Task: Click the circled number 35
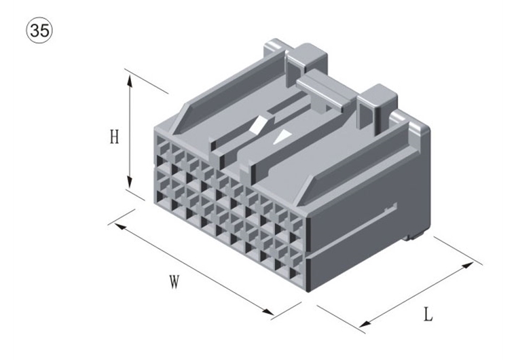39,31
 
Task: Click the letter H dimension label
114,137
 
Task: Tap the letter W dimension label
174,282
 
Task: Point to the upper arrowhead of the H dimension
130,81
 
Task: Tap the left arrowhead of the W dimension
119,227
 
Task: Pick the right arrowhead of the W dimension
268,311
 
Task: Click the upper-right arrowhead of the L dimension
468,266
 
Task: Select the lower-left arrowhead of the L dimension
365,323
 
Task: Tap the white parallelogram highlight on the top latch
258,124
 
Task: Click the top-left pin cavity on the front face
162,145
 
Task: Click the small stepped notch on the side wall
391,207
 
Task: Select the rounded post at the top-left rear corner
274,50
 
